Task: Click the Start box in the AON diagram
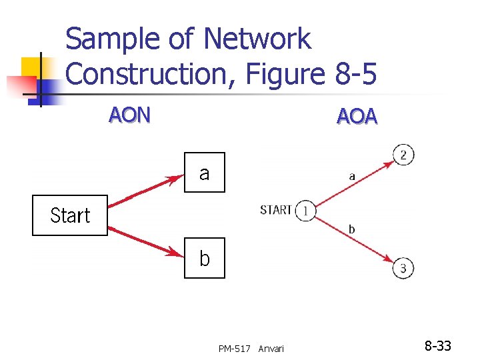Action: pos(70,215)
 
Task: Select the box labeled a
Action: pos(204,173)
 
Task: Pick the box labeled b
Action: pos(204,258)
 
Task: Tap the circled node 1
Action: pos(305,210)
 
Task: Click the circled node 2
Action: pos(404,155)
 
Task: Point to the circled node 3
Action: pos(404,268)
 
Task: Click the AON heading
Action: pos(130,115)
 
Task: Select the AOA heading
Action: pos(357,117)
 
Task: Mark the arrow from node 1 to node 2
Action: pos(353,183)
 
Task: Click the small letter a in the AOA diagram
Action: pos(351,177)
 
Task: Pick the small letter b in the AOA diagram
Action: pos(351,229)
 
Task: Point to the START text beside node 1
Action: pos(276,210)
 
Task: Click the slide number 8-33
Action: pos(438,346)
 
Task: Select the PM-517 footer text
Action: pos(235,349)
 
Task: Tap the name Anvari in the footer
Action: pos(271,349)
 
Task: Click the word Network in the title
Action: pos(257,39)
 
